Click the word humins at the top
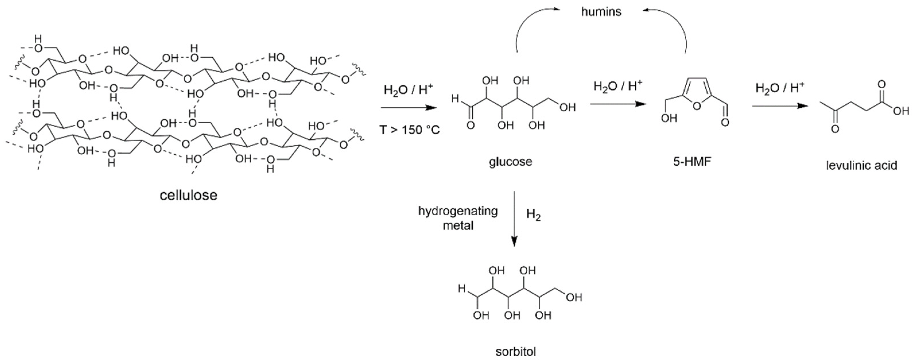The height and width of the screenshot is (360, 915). point(601,12)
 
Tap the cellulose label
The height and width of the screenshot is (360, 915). point(188,195)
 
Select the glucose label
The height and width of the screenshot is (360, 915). point(510,162)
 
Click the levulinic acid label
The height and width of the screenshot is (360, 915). point(861,165)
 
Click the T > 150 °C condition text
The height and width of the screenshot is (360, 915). point(409,130)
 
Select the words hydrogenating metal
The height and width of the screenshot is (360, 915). point(458,218)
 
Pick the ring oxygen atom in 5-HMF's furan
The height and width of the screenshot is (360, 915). point(697,106)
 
